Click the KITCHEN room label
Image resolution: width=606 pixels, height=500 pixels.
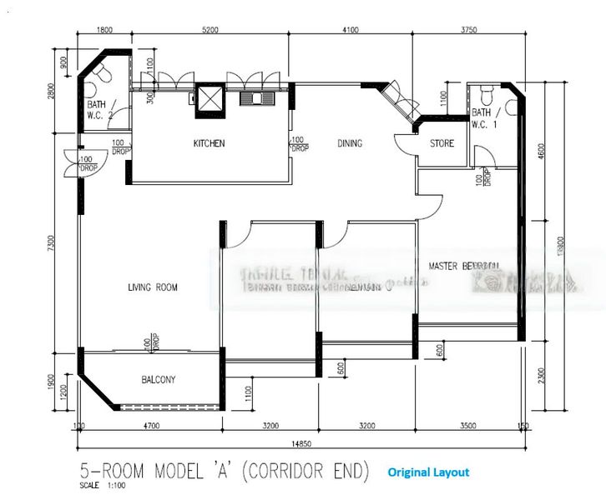(x=209, y=143)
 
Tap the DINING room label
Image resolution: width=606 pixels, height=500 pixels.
(x=350, y=143)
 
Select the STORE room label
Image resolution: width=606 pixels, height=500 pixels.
(x=442, y=143)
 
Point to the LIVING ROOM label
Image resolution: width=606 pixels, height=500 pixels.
(x=153, y=287)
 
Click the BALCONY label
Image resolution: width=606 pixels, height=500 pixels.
(x=158, y=380)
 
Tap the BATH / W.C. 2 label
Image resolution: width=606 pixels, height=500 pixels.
(x=98, y=109)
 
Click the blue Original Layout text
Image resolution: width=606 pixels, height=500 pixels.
(x=427, y=472)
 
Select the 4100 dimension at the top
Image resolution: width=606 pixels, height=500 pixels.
(x=349, y=30)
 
